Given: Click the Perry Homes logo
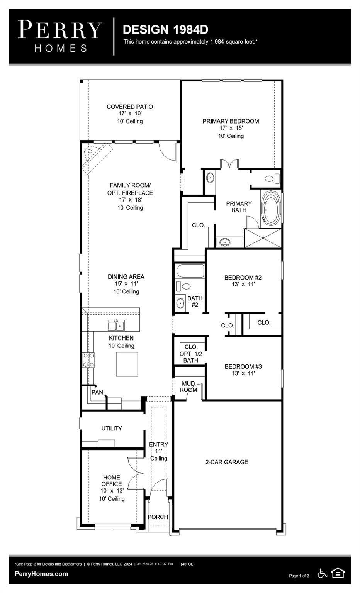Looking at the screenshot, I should [60, 36].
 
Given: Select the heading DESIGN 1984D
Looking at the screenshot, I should [165, 30].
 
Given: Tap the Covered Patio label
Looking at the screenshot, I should [130, 107].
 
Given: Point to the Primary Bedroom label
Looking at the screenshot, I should [231, 121].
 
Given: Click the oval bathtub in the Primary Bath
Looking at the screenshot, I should [272, 208].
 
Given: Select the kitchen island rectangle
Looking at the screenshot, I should [127, 364].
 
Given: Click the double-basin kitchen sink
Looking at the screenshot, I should [116, 326].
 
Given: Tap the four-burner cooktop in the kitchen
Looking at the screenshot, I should [88, 360].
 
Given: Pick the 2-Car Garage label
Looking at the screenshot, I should [227, 462].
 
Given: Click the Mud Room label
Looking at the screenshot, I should [188, 387].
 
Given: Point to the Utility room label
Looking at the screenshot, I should [112, 429].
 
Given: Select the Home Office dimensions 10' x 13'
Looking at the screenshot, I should [112, 491].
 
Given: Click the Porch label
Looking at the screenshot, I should [158, 517].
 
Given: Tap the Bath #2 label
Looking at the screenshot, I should [195, 302].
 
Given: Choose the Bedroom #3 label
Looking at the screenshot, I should [243, 367].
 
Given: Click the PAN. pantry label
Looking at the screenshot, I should [98, 392].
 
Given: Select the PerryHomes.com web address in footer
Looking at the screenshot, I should [41, 574].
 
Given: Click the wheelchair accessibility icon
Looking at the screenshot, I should [323, 573].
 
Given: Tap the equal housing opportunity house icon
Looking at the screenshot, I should [338, 573].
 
